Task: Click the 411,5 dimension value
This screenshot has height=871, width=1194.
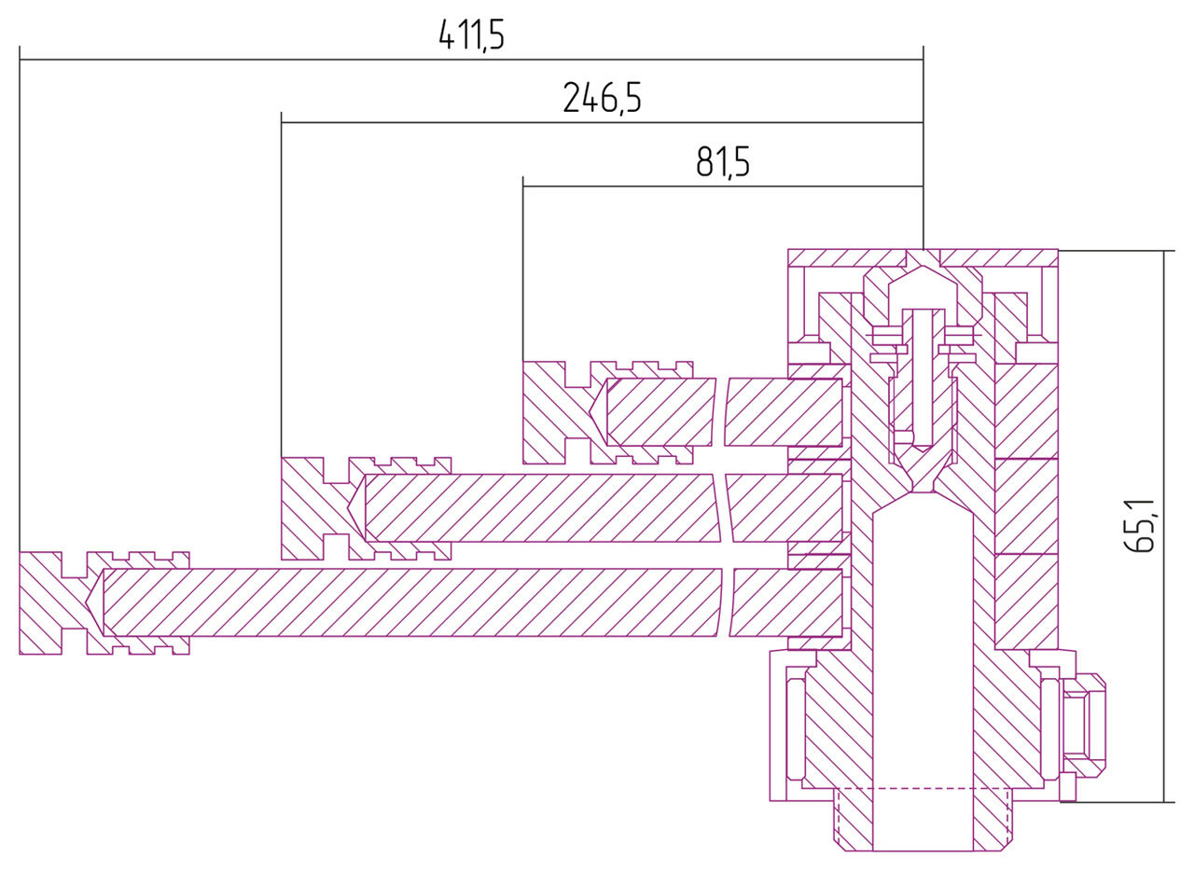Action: click(x=471, y=35)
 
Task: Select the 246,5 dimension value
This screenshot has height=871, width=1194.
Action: click(x=602, y=98)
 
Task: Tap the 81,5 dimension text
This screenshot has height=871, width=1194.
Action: click(x=723, y=163)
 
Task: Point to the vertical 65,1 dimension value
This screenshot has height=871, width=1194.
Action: click(x=1140, y=526)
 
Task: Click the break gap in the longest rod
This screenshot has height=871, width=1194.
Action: click(x=726, y=602)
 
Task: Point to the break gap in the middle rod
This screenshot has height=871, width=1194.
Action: click(x=723, y=507)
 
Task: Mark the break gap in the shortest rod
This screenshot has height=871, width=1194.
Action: click(x=720, y=411)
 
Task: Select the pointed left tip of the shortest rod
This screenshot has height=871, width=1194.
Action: click(x=594, y=411)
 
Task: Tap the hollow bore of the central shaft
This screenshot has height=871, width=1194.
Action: click(x=923, y=653)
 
